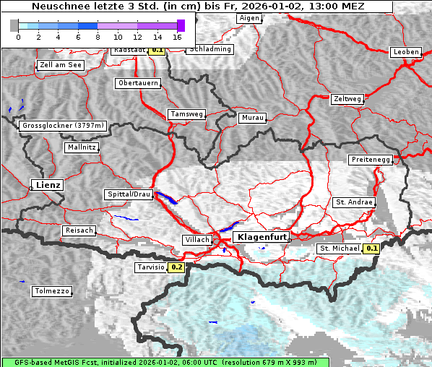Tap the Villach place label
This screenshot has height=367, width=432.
(197, 239)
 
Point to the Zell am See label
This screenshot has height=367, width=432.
(61, 65)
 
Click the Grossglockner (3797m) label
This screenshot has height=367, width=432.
(63, 126)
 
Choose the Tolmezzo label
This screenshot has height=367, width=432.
(52, 291)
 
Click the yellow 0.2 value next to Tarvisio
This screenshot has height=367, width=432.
(176, 267)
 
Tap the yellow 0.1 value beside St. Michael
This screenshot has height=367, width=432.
(371, 249)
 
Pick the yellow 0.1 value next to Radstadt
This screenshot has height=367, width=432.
(157, 51)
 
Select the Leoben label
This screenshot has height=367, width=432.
(405, 52)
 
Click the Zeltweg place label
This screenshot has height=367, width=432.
(348, 98)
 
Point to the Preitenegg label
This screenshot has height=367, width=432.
(371, 160)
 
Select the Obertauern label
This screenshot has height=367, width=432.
(137, 83)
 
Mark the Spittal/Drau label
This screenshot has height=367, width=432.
(129, 194)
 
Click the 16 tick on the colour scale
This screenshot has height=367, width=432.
(178, 36)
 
